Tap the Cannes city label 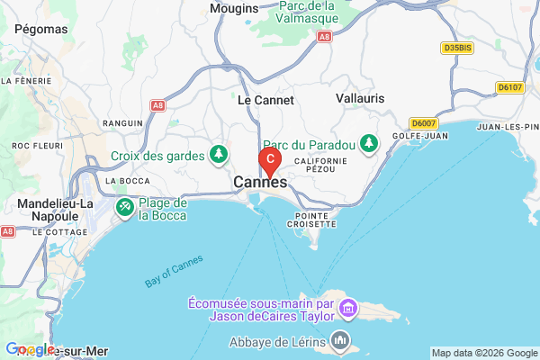click(x=260, y=183)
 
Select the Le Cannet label click(x=265, y=101)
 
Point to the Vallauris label click(x=360, y=97)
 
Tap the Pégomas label click(x=40, y=29)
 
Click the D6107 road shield click(x=509, y=87)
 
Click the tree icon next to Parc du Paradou click(x=368, y=143)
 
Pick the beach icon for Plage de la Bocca click(x=125, y=209)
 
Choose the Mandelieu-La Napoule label click(x=56, y=211)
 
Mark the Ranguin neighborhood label click(x=123, y=121)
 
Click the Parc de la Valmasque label click(x=307, y=11)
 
